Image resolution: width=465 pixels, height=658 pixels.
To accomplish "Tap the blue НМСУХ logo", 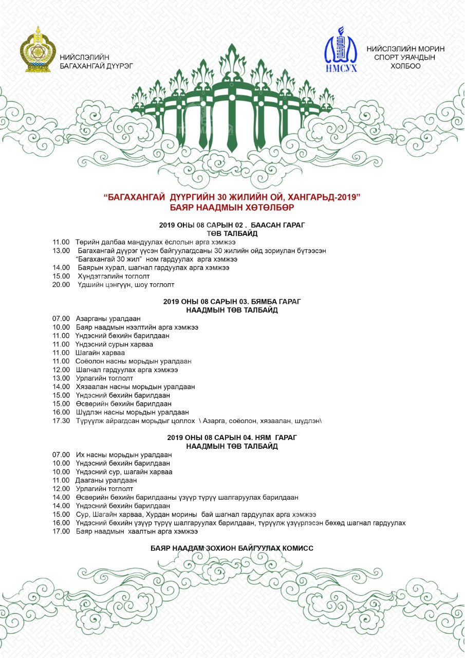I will click(x=341, y=50).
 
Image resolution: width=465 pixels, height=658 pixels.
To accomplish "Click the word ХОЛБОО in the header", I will click(x=405, y=66).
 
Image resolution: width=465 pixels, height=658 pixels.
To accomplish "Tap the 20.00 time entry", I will click(x=61, y=284).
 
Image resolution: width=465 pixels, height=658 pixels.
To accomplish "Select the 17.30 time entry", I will click(x=61, y=421).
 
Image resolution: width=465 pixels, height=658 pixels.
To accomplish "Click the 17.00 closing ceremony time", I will click(x=61, y=531).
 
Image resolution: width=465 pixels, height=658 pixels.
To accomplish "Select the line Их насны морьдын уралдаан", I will click(x=123, y=454).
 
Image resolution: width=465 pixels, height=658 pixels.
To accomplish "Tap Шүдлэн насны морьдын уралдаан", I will click(x=132, y=412).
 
